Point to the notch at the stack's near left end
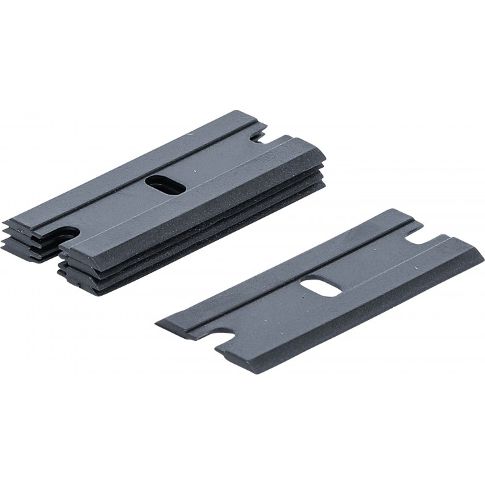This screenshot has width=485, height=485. click(65, 234)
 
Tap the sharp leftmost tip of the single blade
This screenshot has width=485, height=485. click(156, 319)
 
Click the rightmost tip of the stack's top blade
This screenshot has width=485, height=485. click(325, 160)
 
